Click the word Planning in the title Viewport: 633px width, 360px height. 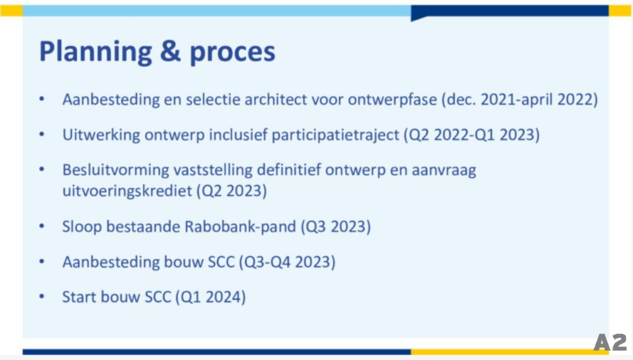96,52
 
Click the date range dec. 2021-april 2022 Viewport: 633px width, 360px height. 519,100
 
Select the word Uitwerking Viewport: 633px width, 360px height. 101,135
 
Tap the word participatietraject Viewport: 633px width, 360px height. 336,135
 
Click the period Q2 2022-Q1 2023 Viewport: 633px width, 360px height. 472,135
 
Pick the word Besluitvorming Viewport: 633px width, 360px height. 116,170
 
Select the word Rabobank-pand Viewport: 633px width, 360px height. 240,226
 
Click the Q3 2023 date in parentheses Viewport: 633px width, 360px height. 336,226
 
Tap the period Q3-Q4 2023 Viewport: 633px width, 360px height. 287,262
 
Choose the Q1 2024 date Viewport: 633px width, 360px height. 210,297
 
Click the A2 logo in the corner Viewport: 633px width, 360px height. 610,342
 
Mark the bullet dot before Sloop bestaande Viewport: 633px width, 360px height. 41,226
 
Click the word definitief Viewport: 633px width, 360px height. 289,170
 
